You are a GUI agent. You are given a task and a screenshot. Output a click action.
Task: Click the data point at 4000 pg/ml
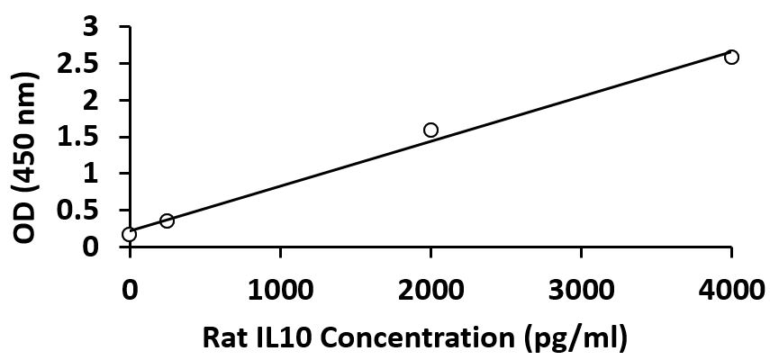[x=731, y=58]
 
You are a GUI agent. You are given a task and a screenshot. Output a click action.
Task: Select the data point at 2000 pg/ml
[x=430, y=130]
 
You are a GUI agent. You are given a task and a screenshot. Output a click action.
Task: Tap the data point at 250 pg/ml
[x=167, y=220]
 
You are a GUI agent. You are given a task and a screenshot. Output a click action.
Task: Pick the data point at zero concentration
[x=130, y=235]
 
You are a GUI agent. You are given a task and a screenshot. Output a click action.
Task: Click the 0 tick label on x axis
[x=130, y=290]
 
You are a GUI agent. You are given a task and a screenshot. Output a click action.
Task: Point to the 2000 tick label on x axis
[x=430, y=290]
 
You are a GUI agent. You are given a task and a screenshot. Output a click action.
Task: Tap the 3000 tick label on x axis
[x=581, y=290]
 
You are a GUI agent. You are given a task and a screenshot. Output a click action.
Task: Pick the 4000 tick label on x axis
[x=731, y=290]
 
